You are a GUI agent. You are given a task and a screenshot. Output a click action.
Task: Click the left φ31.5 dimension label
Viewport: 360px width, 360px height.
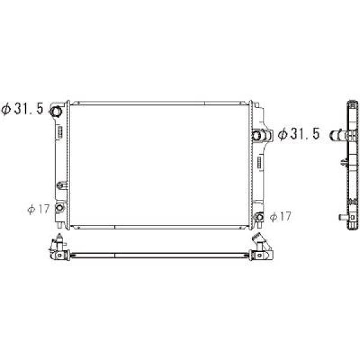[x=23, y=110]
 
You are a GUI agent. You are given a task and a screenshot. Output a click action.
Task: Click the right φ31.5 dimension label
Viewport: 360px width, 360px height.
[x=298, y=134]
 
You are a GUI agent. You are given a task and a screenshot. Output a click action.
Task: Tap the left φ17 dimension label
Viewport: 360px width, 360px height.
[x=37, y=209]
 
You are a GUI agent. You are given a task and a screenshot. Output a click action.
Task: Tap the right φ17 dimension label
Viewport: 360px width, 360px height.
[x=281, y=217]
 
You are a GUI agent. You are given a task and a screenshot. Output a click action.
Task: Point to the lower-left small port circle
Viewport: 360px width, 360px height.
[x=59, y=208]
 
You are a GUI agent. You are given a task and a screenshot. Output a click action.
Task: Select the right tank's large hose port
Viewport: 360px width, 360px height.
[x=261, y=135]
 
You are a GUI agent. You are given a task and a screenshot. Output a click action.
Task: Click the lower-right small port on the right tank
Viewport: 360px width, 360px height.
[x=259, y=217]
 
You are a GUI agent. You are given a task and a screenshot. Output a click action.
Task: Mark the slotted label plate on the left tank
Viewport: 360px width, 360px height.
[x=60, y=131]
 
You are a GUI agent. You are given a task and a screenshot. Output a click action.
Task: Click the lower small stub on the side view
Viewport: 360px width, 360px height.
[x=341, y=215]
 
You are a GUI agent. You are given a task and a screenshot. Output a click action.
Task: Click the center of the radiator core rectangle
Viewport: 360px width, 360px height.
[x=160, y=164]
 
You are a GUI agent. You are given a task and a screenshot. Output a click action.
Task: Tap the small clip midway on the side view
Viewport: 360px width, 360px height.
[x=343, y=161]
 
